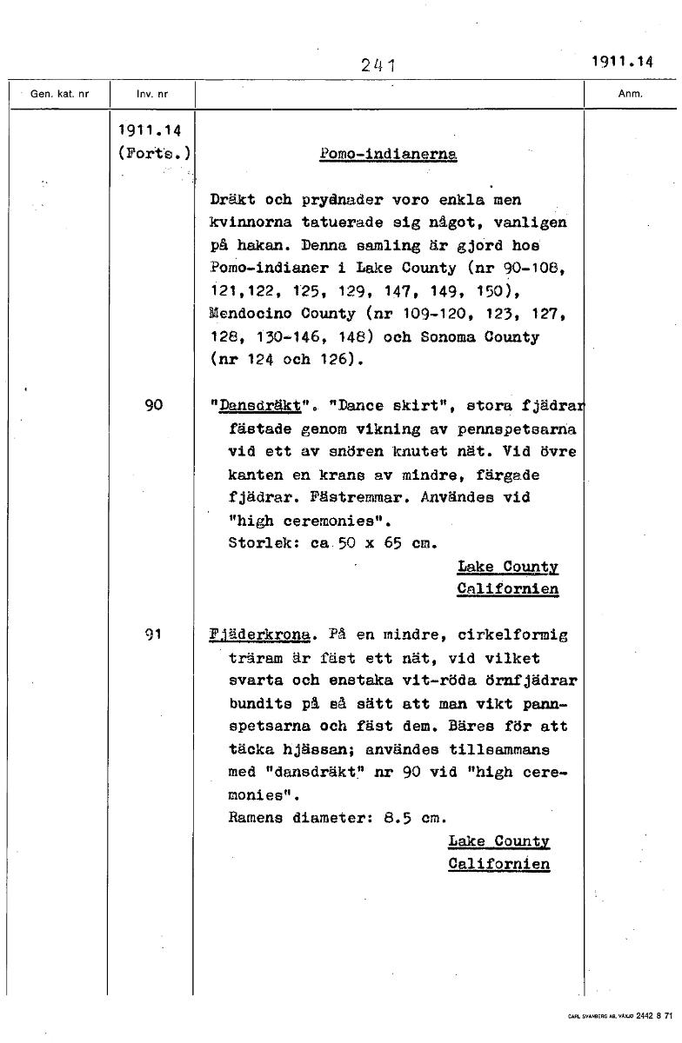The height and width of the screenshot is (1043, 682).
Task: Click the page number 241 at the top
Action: [x=378, y=63]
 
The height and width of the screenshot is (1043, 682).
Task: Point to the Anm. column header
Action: [x=631, y=94]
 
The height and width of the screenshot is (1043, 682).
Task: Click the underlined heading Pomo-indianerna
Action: [x=388, y=154]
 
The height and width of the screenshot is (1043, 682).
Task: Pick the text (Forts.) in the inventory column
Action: [x=154, y=154]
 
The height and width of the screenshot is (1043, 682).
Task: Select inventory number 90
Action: [x=154, y=404]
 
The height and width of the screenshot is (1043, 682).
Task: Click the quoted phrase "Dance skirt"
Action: [x=388, y=405]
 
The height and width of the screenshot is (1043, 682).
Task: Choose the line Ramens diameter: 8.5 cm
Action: [x=337, y=818]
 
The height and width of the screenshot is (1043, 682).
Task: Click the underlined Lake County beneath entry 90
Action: [x=507, y=567]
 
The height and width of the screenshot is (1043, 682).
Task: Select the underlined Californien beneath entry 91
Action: [x=498, y=864]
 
